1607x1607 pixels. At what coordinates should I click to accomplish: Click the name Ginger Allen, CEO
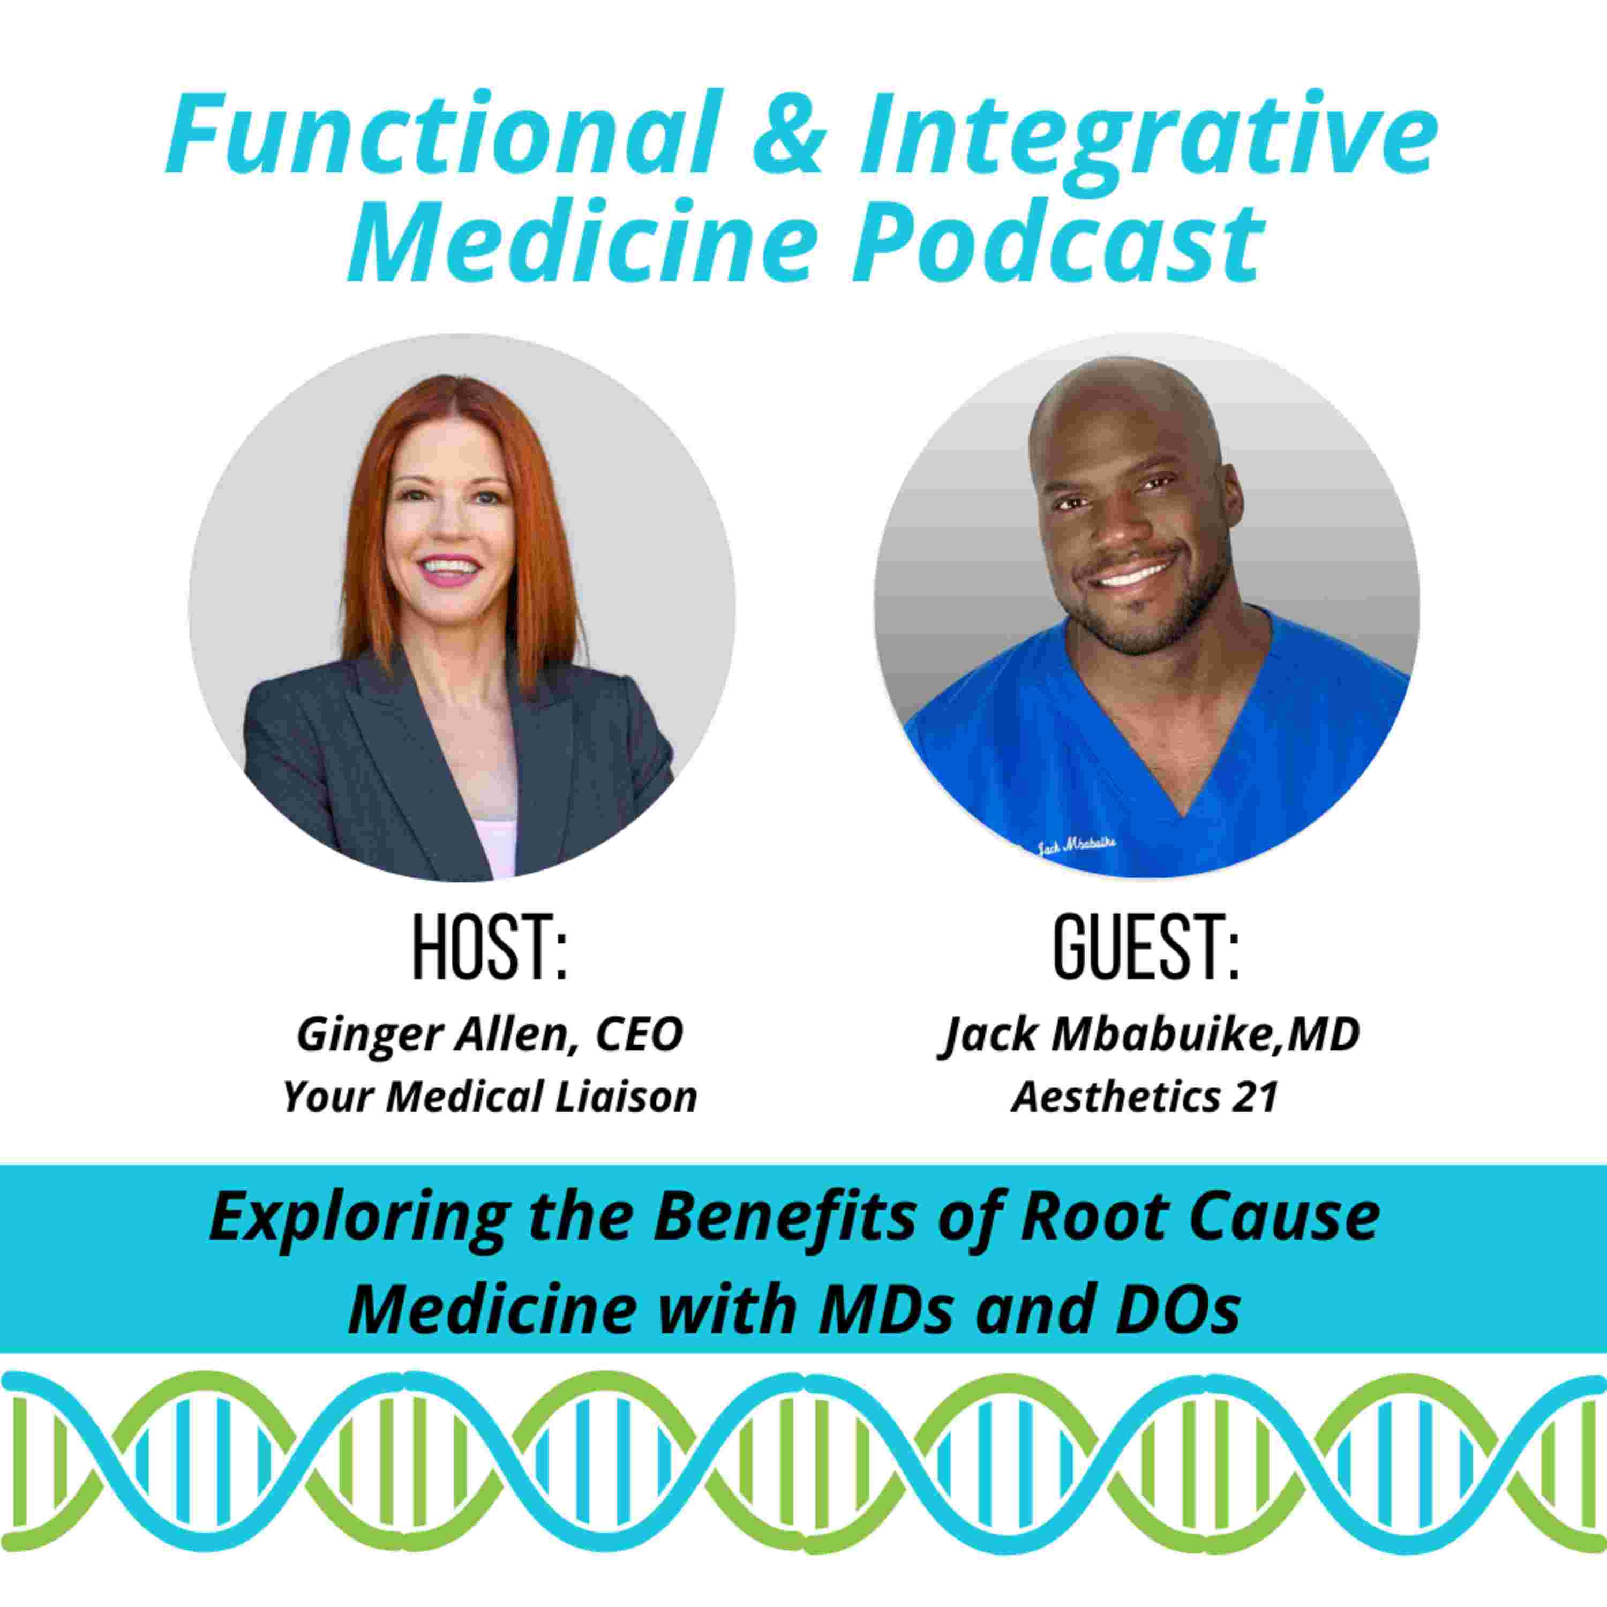(490, 1035)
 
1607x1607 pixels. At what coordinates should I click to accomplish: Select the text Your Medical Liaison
(490, 1097)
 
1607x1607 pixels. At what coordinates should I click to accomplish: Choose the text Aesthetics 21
(1145, 1097)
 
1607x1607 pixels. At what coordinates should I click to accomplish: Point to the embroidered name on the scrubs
(1078, 847)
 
